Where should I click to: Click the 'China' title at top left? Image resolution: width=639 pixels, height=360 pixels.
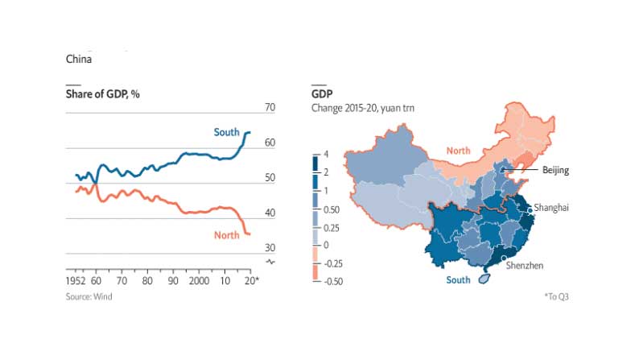[78, 60]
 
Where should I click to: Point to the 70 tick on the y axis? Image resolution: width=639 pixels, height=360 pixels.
[270, 108]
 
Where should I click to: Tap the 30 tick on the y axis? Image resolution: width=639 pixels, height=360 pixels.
[270, 248]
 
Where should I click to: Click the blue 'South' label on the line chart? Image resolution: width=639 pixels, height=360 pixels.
[226, 132]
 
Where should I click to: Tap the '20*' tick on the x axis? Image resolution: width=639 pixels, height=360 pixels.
[250, 282]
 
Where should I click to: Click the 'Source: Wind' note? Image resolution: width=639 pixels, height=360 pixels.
[89, 296]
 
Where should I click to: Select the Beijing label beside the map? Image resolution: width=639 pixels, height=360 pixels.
[555, 170]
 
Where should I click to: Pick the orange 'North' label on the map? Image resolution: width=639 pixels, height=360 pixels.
[458, 151]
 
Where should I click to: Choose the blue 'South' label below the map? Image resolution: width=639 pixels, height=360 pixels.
[458, 280]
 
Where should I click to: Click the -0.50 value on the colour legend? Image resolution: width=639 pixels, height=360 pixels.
[333, 281]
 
